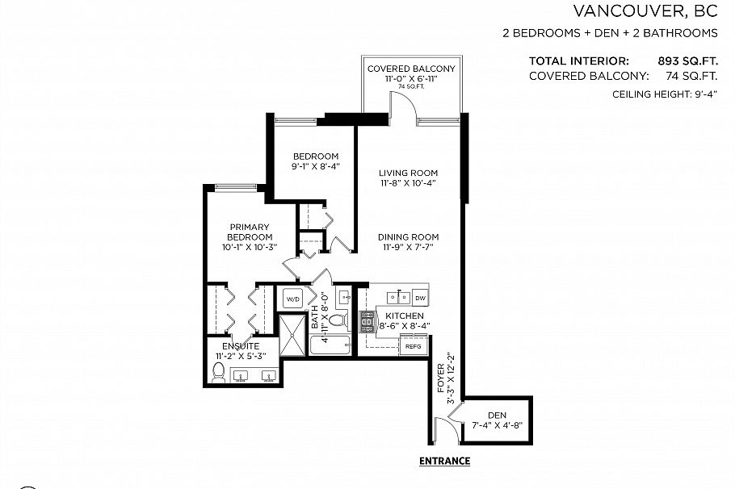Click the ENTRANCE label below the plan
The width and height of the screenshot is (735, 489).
[x=444, y=462]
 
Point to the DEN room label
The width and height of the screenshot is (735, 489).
[x=497, y=415]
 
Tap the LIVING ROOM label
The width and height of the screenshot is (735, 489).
[x=409, y=173]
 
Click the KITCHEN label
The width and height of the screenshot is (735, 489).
[x=405, y=316]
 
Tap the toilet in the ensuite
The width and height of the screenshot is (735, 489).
[x=217, y=373]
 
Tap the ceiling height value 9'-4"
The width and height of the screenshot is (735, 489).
[x=703, y=95]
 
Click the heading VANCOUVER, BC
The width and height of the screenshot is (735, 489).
[x=645, y=11]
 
